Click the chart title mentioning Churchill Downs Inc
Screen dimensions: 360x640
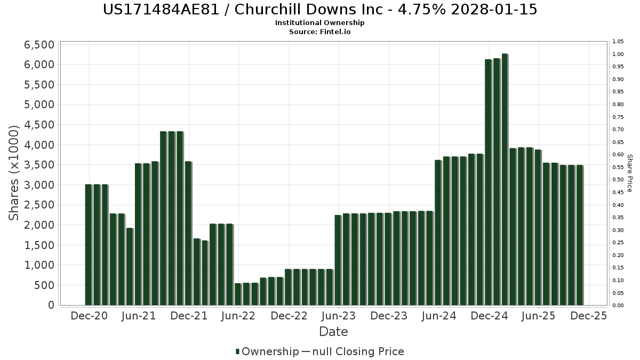coord(320,10)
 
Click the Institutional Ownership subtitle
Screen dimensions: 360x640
coord(320,23)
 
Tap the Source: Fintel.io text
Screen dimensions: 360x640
coord(320,32)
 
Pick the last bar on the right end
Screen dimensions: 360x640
coord(579,235)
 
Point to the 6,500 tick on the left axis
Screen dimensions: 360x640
coord(39,45)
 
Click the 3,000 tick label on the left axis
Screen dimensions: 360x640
coord(39,185)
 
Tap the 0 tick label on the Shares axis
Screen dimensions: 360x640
coord(51,305)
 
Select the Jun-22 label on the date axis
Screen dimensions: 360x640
coord(238,316)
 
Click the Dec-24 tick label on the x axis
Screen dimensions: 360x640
coord(490,316)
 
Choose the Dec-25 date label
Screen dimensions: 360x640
coord(589,316)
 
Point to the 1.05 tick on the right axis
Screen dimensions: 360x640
coord(618,42)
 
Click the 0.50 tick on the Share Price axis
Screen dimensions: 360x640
coord(618,180)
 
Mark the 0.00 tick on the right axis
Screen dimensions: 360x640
coord(618,306)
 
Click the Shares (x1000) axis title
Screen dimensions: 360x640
coord(14,173)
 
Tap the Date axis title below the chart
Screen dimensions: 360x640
coord(333,332)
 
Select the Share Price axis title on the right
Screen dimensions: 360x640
coord(629,173)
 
